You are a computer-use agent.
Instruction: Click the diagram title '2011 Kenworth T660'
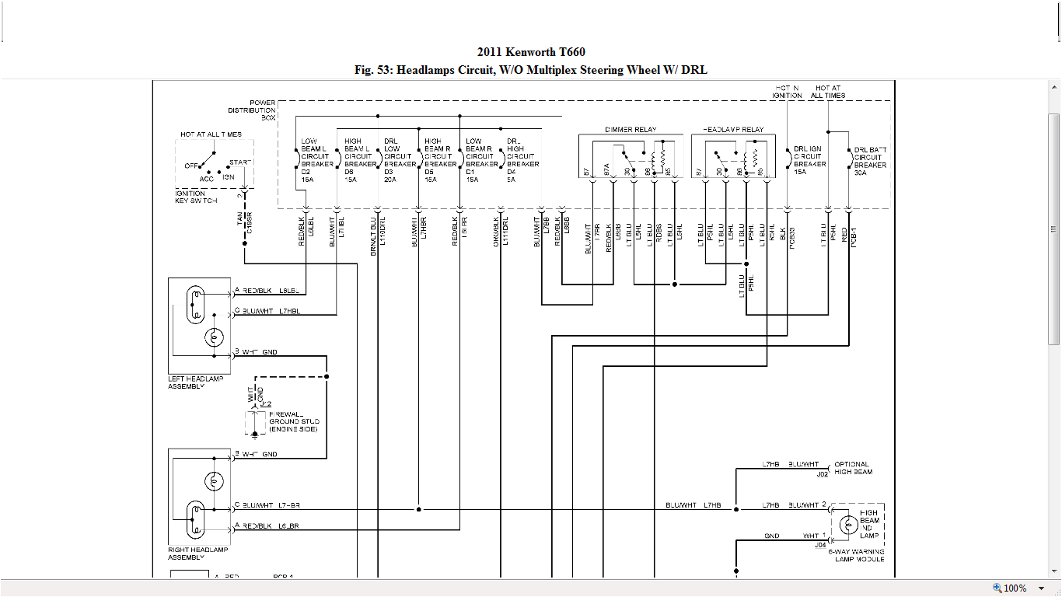(531, 52)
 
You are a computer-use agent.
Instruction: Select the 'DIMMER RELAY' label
(631, 130)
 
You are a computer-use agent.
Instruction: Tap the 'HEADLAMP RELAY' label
(733, 130)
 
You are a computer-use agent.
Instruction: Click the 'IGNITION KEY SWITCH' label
(197, 197)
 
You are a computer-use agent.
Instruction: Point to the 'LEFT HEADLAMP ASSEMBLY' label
(195, 382)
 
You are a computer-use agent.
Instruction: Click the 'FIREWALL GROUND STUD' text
(293, 422)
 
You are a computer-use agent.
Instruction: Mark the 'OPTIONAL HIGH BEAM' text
(853, 468)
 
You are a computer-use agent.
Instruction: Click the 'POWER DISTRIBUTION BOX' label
(262, 110)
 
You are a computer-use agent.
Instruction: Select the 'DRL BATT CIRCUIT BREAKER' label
(870, 157)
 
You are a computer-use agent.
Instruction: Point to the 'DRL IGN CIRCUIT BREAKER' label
(809, 156)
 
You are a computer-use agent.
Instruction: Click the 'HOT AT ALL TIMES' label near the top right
(829, 92)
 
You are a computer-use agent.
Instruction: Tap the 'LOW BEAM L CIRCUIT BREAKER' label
(316, 152)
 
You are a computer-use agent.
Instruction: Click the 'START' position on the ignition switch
(240, 162)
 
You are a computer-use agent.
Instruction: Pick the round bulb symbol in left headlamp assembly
(214, 337)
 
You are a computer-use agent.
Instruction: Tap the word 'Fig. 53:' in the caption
(374, 70)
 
